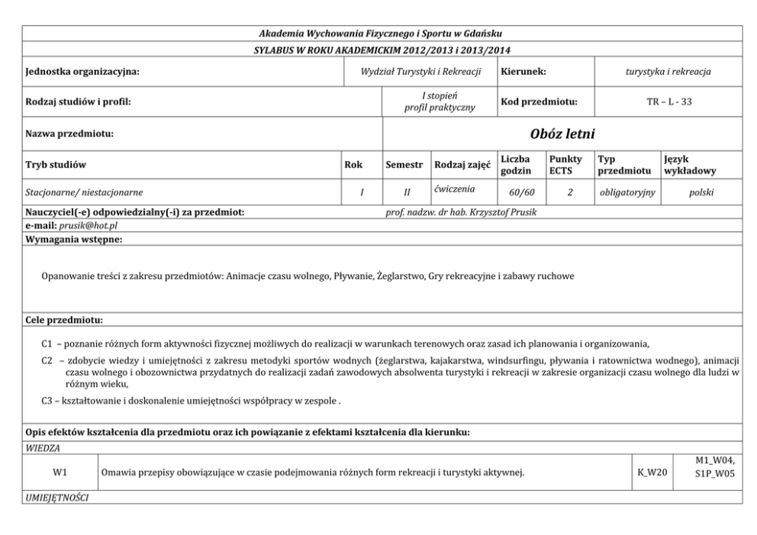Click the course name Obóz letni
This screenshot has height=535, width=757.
[x=562, y=134]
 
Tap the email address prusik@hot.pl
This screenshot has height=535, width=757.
[x=88, y=226]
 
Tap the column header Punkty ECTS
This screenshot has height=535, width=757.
[x=565, y=164]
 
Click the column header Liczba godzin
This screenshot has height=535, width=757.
[x=517, y=164]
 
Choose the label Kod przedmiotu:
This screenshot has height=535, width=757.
[x=539, y=102]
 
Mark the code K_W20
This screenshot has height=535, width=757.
[x=652, y=473]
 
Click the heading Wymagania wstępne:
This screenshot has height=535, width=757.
[x=74, y=240]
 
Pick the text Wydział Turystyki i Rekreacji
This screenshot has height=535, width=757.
[x=420, y=72]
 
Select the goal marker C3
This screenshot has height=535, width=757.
[x=48, y=400]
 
